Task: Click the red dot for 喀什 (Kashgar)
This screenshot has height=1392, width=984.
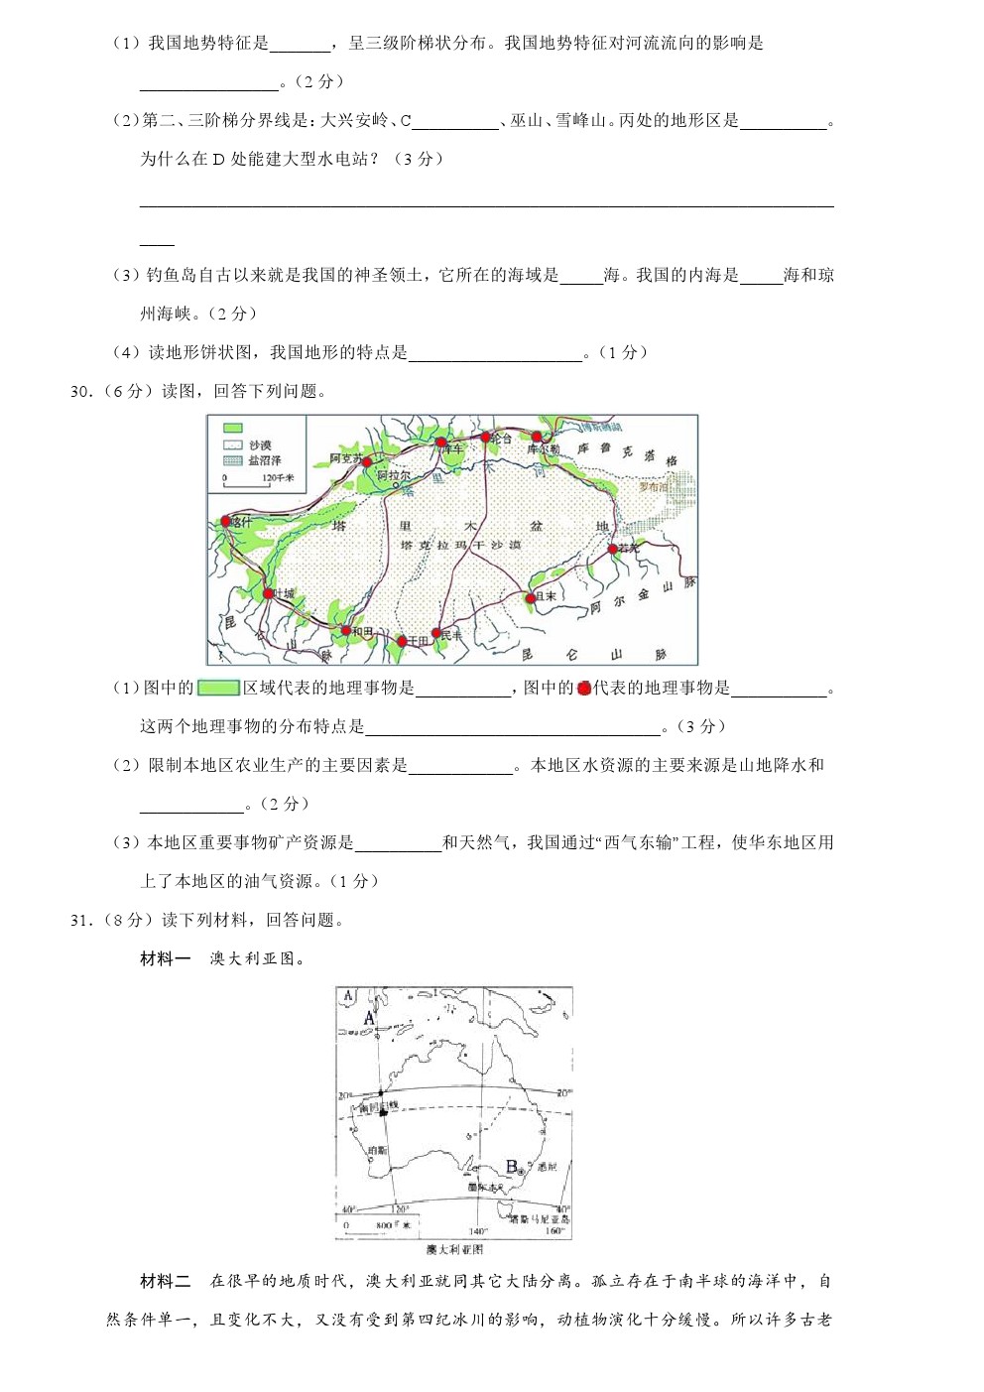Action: [x=225, y=522]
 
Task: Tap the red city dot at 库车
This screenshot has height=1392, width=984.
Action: [x=441, y=443]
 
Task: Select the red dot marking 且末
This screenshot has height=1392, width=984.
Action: [x=531, y=597]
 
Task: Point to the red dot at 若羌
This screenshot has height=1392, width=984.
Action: [x=612, y=549]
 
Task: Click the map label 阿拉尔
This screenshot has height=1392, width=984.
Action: [x=394, y=476]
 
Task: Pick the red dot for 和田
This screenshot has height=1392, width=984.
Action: [x=345, y=631]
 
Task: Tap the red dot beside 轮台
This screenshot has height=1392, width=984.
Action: [x=485, y=437]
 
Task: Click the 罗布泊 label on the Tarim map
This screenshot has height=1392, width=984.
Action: [x=654, y=487]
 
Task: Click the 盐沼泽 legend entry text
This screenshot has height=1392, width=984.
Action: [x=265, y=460]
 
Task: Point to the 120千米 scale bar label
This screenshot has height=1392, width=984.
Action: [x=277, y=478]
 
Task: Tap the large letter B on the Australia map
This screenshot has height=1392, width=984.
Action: [x=512, y=1167]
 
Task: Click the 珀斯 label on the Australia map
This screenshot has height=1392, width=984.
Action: [x=377, y=1150]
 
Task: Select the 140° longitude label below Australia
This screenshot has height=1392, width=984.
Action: [x=477, y=1231]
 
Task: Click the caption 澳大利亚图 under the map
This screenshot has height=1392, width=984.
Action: [x=454, y=1249]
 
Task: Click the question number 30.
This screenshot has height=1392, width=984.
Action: [x=80, y=392]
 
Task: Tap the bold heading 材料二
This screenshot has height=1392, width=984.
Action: [x=165, y=1282]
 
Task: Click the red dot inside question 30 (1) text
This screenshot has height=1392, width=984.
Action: [x=583, y=688]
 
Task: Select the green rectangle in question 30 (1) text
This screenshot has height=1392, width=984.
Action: [x=218, y=688]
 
